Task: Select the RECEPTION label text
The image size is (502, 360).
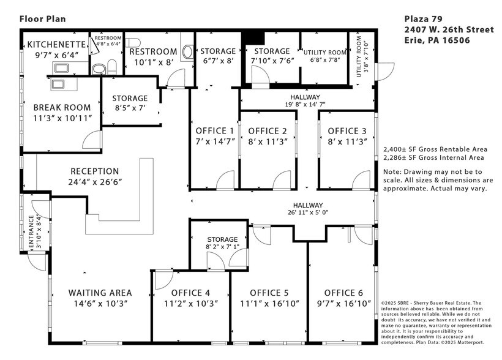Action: pos(94,171)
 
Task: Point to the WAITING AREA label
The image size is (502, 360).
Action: pos(100,293)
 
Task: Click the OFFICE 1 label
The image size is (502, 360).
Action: pos(214,130)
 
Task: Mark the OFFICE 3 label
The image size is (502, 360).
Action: pos(347,130)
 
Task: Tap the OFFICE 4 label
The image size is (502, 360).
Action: pos(190,293)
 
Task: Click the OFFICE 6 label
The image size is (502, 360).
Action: pos(343,293)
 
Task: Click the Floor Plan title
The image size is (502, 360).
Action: pos(42,18)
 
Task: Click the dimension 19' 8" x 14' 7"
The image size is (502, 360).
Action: pos(305,105)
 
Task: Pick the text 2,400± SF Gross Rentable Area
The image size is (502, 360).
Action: pos(435,149)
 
